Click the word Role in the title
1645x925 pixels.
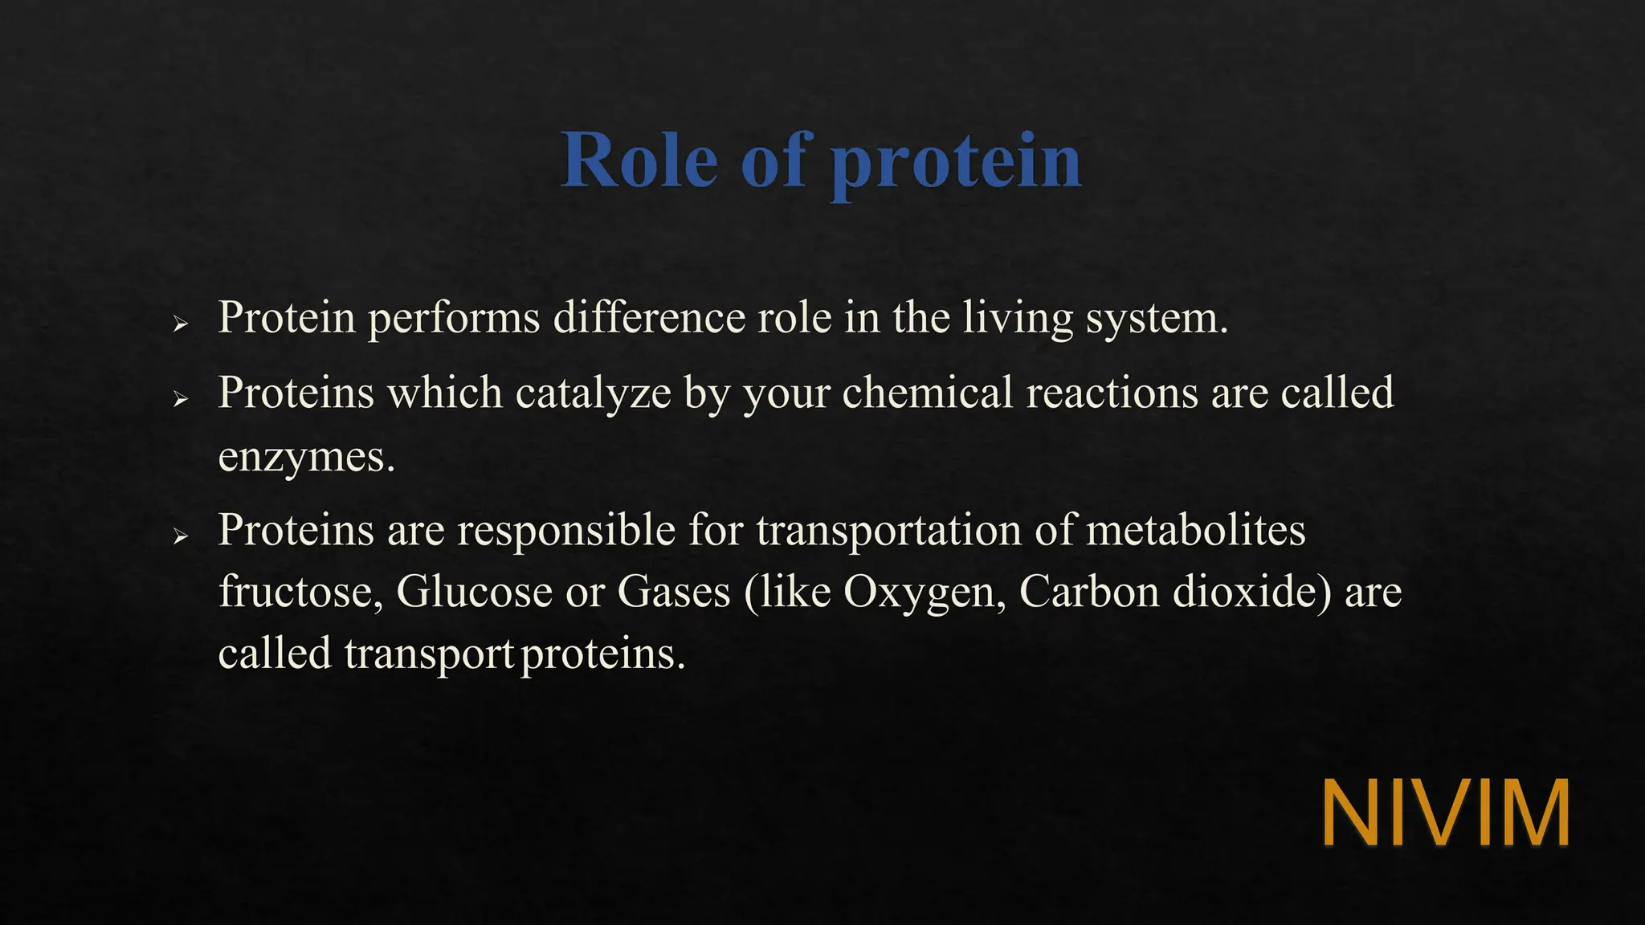coord(639,161)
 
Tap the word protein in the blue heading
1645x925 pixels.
coord(956,165)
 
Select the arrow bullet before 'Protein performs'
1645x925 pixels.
coord(181,324)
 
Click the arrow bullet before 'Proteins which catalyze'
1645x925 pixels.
coord(181,399)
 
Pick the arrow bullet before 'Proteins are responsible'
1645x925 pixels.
coord(181,536)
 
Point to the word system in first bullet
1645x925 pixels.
coord(1155,319)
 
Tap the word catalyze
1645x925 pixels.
coord(593,393)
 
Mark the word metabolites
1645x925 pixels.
coord(1195,530)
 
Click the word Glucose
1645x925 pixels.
coord(474,592)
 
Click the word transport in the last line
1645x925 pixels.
coord(429,654)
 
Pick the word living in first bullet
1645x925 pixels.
coord(1018,319)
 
